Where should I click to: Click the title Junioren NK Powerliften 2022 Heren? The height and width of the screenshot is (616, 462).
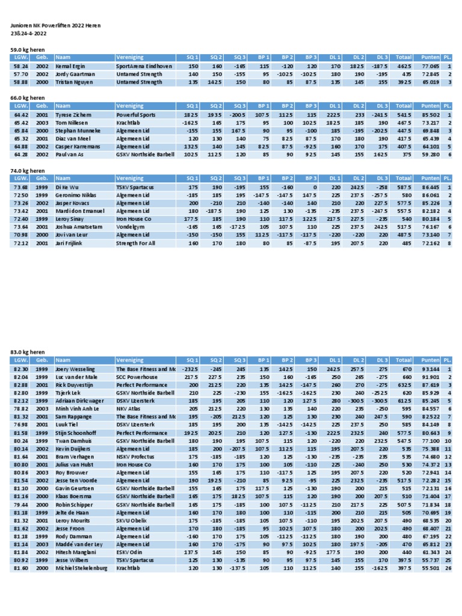55,26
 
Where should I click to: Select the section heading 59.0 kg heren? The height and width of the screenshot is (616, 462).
28,49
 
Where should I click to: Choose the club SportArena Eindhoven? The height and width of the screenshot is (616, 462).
144,66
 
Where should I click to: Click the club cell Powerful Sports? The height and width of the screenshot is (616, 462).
135,114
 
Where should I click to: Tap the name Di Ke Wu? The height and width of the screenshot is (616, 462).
67,188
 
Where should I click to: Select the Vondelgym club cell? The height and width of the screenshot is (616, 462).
131,227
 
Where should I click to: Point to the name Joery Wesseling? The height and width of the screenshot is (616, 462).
75,369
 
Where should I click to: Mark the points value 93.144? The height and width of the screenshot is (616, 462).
430,369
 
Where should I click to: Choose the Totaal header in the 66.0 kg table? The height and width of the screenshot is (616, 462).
404,105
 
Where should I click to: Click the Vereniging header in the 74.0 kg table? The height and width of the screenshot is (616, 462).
130,179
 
